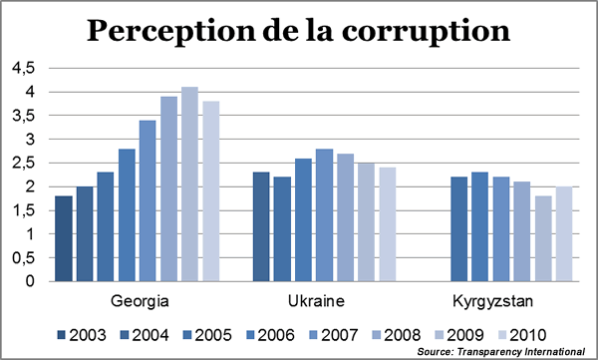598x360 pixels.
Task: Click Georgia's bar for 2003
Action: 64,238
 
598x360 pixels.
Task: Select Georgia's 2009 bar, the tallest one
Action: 189,184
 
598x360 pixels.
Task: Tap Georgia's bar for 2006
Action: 127,215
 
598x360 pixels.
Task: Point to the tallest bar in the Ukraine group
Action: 324,215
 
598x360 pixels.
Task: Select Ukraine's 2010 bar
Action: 387,224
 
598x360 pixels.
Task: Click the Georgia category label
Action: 138,300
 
